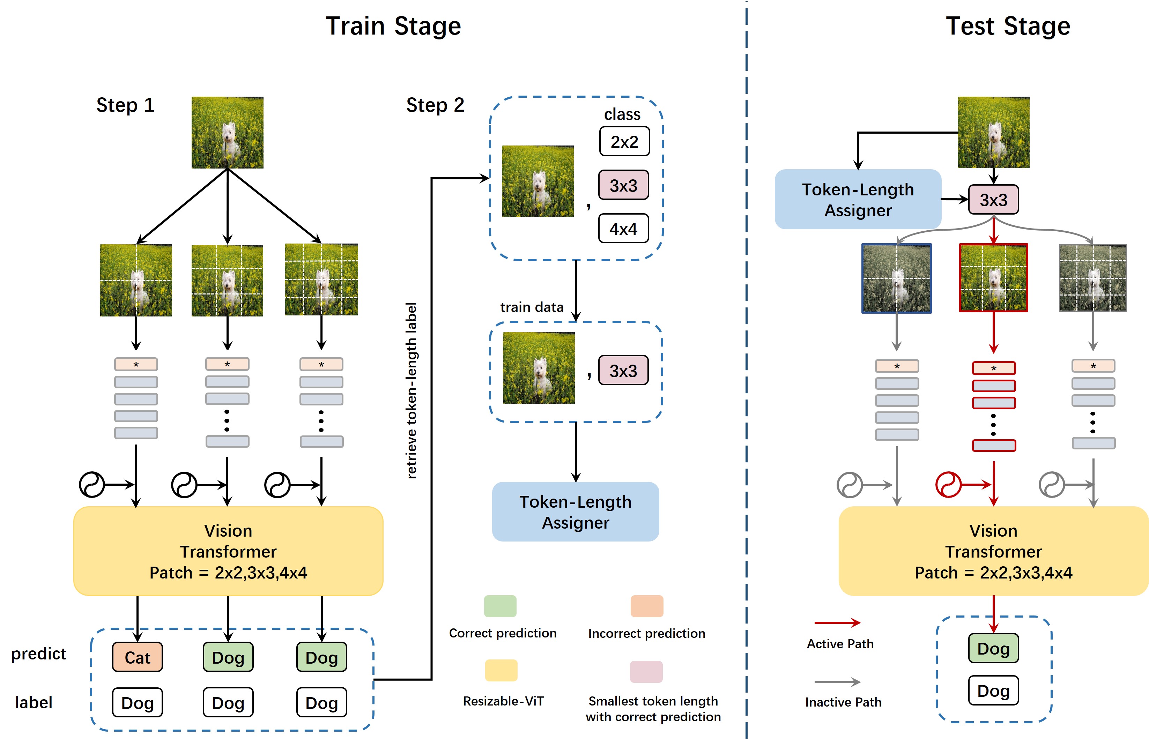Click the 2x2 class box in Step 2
[624, 142]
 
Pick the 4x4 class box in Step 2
[623, 229]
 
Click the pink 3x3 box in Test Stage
[993, 200]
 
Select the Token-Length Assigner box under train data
[576, 512]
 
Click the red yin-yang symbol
[948, 485]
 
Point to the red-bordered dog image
[993, 278]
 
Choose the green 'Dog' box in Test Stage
[993, 648]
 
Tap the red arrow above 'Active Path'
[837, 623]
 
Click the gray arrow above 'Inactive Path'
[837, 682]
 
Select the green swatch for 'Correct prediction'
[500, 606]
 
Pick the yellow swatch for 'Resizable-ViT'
[501, 670]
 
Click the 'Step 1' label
[125, 105]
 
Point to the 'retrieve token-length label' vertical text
[411, 390]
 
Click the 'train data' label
[531, 307]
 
